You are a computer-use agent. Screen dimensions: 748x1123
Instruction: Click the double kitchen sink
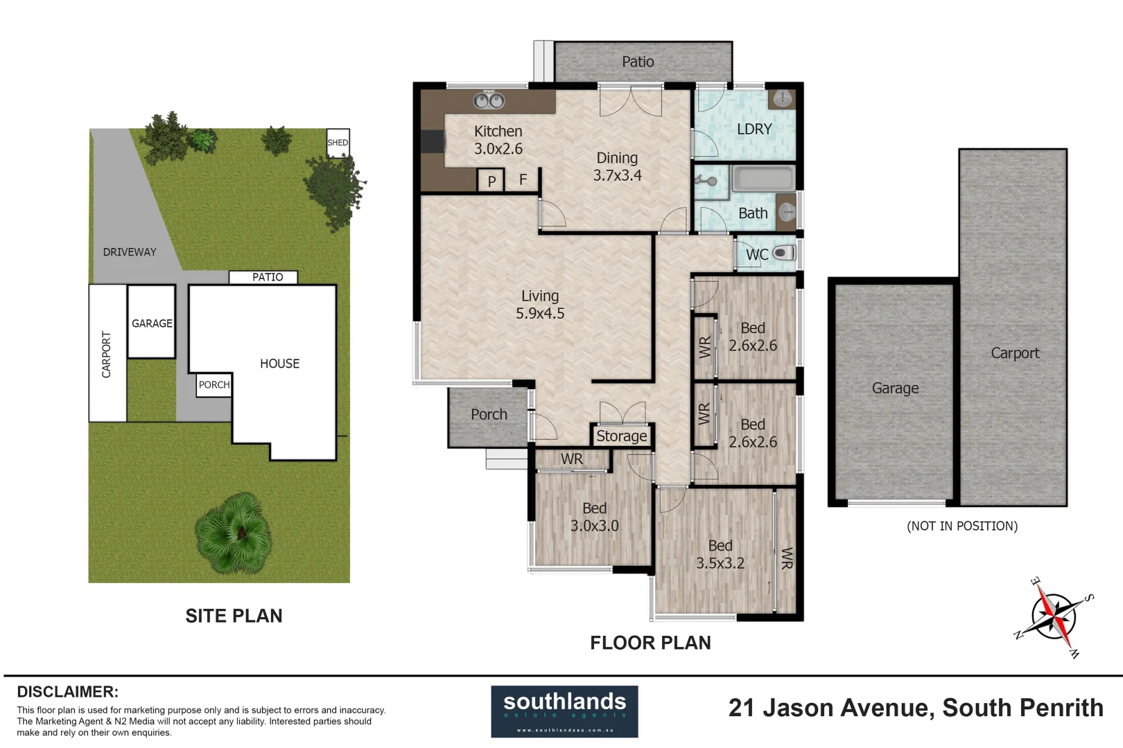pos(489,101)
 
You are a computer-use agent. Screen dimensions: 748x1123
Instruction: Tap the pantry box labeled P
pos(491,181)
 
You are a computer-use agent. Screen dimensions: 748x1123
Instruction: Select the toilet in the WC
pos(783,253)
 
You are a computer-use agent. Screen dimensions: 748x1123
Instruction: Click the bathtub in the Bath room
pos(763,179)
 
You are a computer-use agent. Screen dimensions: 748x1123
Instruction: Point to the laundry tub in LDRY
pos(783,98)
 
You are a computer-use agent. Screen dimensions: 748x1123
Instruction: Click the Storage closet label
pos(621,436)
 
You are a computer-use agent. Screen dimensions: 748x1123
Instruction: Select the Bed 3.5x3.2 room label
pos(720,555)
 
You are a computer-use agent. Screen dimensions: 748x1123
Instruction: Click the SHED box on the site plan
pos(338,143)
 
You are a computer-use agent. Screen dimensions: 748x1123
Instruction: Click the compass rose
pos(1053,616)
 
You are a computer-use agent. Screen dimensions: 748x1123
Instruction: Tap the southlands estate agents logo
pos(564,711)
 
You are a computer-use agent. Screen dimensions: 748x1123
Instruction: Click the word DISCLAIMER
pos(67,691)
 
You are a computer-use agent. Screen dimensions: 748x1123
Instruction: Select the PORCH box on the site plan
pos(214,385)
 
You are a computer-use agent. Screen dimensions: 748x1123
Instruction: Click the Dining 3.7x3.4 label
pos(617,167)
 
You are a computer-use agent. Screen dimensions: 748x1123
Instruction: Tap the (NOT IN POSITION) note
pos(962,526)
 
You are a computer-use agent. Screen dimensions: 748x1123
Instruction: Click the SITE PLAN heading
pos(234,616)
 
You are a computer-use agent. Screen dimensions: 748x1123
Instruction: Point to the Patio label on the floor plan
pos(638,62)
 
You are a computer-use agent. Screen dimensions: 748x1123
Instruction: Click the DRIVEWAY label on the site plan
pos(130,252)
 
